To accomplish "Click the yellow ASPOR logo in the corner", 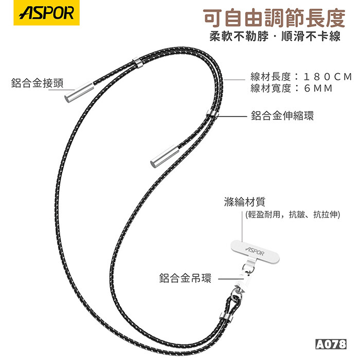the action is click(46, 13).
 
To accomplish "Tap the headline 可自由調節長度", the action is click(274, 18).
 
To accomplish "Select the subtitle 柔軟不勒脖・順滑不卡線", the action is click(275, 37).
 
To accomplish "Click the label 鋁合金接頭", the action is click(37, 83).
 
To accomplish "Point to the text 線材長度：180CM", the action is click(301, 77).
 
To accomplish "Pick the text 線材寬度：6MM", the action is click(292, 88).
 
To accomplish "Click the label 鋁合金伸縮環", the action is click(282, 116).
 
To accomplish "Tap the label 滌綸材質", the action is click(245, 202).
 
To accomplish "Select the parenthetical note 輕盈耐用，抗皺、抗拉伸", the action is click(293, 214).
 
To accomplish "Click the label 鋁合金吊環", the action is click(185, 278).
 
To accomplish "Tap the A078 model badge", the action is click(331, 345).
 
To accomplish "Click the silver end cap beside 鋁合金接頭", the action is click(79, 92).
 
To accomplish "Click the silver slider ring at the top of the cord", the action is click(137, 63).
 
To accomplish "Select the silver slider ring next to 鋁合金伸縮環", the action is click(212, 114).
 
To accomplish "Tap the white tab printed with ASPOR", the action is click(255, 251).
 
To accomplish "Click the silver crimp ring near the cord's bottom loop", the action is click(226, 317).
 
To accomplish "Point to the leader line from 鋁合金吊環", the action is click(231, 279).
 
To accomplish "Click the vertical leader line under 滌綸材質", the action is click(242, 226).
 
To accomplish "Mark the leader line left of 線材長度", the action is click(235, 80).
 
